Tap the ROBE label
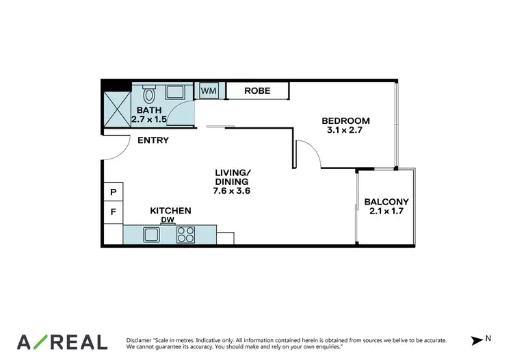[257, 90]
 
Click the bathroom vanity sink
[174, 92]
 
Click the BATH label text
[148, 110]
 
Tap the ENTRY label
[153, 140]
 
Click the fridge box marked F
[113, 212]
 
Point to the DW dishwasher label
[167, 220]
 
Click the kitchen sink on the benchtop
[152, 235]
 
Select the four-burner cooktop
[185, 235]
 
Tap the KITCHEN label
[170, 211]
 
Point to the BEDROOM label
[345, 121]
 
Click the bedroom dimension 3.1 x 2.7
[345, 131]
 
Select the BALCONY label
[386, 202]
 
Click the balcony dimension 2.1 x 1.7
[386, 211]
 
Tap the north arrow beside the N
[477, 340]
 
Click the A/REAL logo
[62, 342]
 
